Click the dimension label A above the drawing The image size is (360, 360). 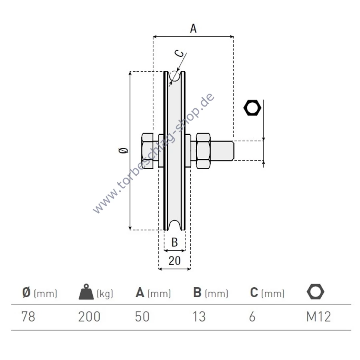tap(193, 28)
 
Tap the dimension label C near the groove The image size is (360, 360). tap(179, 54)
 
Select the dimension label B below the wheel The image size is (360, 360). tap(175, 242)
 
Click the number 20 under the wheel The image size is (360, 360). tap(174, 261)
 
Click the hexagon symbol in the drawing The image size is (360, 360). tap(252, 108)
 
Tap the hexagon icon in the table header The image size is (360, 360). tap(316, 292)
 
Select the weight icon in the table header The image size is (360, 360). tap(86, 292)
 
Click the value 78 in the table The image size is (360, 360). tap(28, 317)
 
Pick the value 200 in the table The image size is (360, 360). tap(89, 317)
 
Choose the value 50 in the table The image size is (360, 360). tap(142, 317)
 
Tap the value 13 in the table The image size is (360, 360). tap(199, 317)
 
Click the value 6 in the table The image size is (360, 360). tap(252, 317)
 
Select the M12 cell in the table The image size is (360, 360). tap(319, 317)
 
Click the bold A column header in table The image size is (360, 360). tap(140, 292)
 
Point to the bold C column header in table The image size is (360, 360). tap(254, 292)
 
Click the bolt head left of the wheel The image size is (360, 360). tap(147, 151)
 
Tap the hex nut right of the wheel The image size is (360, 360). tap(203, 151)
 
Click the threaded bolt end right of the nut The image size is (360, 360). tap(222, 151)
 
